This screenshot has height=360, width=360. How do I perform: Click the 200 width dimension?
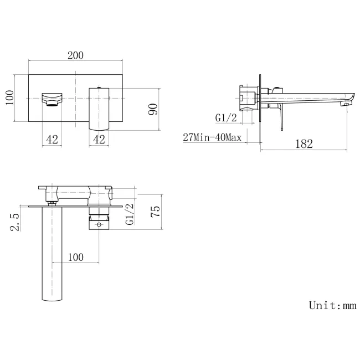[x=75, y=55]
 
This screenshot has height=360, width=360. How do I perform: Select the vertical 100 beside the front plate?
[x=9, y=98]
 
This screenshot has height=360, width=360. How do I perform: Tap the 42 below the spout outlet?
[x=52, y=139]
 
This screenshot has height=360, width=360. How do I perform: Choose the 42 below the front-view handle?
[x=99, y=139]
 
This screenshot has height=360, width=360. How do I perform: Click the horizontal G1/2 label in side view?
[x=226, y=117]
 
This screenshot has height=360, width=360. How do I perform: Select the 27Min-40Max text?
[x=212, y=137]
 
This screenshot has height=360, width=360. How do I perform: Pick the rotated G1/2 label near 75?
[x=130, y=214]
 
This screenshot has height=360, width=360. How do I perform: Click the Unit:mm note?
[x=332, y=306]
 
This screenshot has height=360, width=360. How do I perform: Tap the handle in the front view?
[x=99, y=109]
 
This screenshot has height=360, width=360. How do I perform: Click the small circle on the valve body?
[x=99, y=225]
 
